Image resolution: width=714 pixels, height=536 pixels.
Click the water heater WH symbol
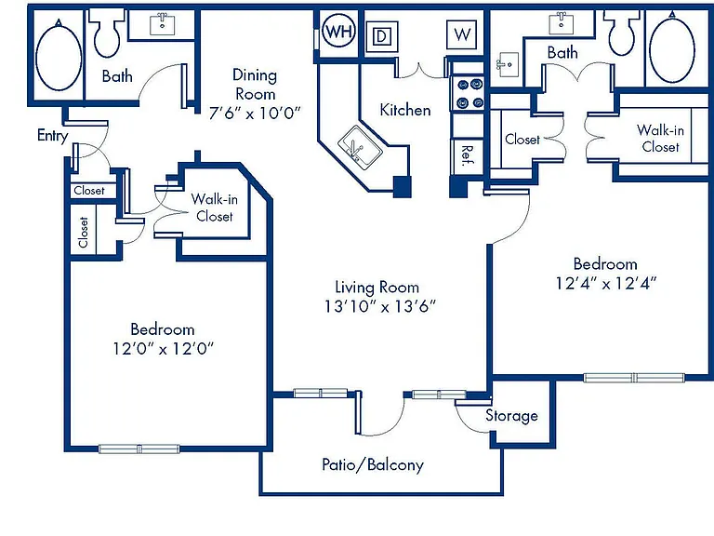(x=338, y=32)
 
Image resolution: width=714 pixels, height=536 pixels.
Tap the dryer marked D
(x=382, y=36)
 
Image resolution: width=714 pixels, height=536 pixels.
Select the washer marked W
(x=462, y=34)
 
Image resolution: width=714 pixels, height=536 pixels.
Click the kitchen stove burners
(x=469, y=93)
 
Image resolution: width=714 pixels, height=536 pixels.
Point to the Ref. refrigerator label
(x=468, y=156)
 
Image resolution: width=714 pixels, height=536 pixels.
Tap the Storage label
(x=511, y=416)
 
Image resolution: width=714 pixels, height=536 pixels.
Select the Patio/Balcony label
(x=373, y=464)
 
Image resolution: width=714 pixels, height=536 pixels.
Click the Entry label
(x=52, y=135)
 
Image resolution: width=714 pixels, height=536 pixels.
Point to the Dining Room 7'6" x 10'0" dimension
(x=255, y=113)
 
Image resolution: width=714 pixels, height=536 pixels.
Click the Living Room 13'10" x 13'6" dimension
(x=379, y=306)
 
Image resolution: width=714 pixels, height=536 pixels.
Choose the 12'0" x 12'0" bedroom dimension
(x=163, y=349)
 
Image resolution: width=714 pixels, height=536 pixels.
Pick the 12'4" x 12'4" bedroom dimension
(x=605, y=284)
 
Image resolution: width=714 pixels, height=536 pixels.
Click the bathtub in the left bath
(x=59, y=56)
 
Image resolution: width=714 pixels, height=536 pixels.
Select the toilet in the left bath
(x=107, y=33)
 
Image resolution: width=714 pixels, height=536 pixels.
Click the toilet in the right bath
(x=622, y=32)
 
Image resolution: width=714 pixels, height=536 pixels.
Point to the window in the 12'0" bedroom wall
(x=139, y=449)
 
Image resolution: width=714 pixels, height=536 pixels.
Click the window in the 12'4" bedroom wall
(x=634, y=378)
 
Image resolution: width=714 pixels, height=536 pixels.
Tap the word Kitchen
(x=405, y=110)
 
